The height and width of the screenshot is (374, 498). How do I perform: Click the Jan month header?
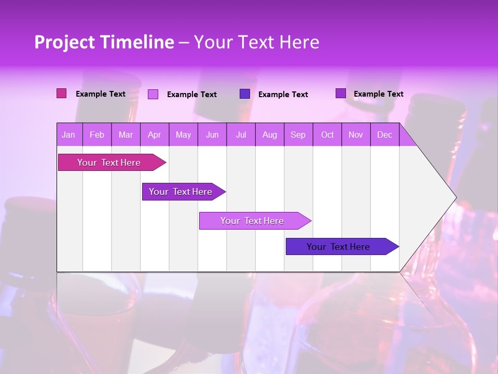point(69,135)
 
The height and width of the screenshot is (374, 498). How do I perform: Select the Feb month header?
point(97,135)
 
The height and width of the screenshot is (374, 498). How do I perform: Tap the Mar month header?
point(126,135)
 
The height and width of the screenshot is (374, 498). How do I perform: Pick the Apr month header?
point(155,135)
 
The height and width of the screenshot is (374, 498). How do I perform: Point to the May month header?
point(183,135)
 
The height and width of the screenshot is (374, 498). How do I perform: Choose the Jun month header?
point(212,135)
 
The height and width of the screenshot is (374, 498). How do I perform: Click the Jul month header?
point(241,135)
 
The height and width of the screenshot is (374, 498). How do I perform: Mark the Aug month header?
point(270,135)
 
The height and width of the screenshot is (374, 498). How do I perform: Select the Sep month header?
point(298,135)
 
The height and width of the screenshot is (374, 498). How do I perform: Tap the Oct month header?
point(327,135)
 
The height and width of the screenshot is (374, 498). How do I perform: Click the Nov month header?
point(356,135)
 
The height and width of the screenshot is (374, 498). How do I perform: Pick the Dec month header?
point(385,135)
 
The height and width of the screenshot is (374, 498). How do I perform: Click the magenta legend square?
point(62,94)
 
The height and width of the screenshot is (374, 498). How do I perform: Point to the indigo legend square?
point(245,94)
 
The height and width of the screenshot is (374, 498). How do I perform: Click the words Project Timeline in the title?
point(104,42)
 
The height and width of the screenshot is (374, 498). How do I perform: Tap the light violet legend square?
point(153,94)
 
